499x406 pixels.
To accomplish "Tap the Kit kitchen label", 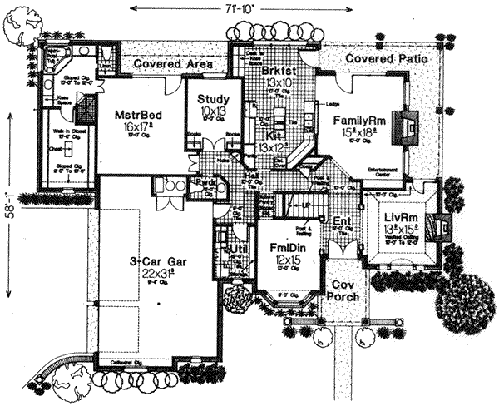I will [272, 135].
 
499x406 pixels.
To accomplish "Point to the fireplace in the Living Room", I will [442, 224].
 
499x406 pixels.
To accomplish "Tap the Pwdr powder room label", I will [205, 184].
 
